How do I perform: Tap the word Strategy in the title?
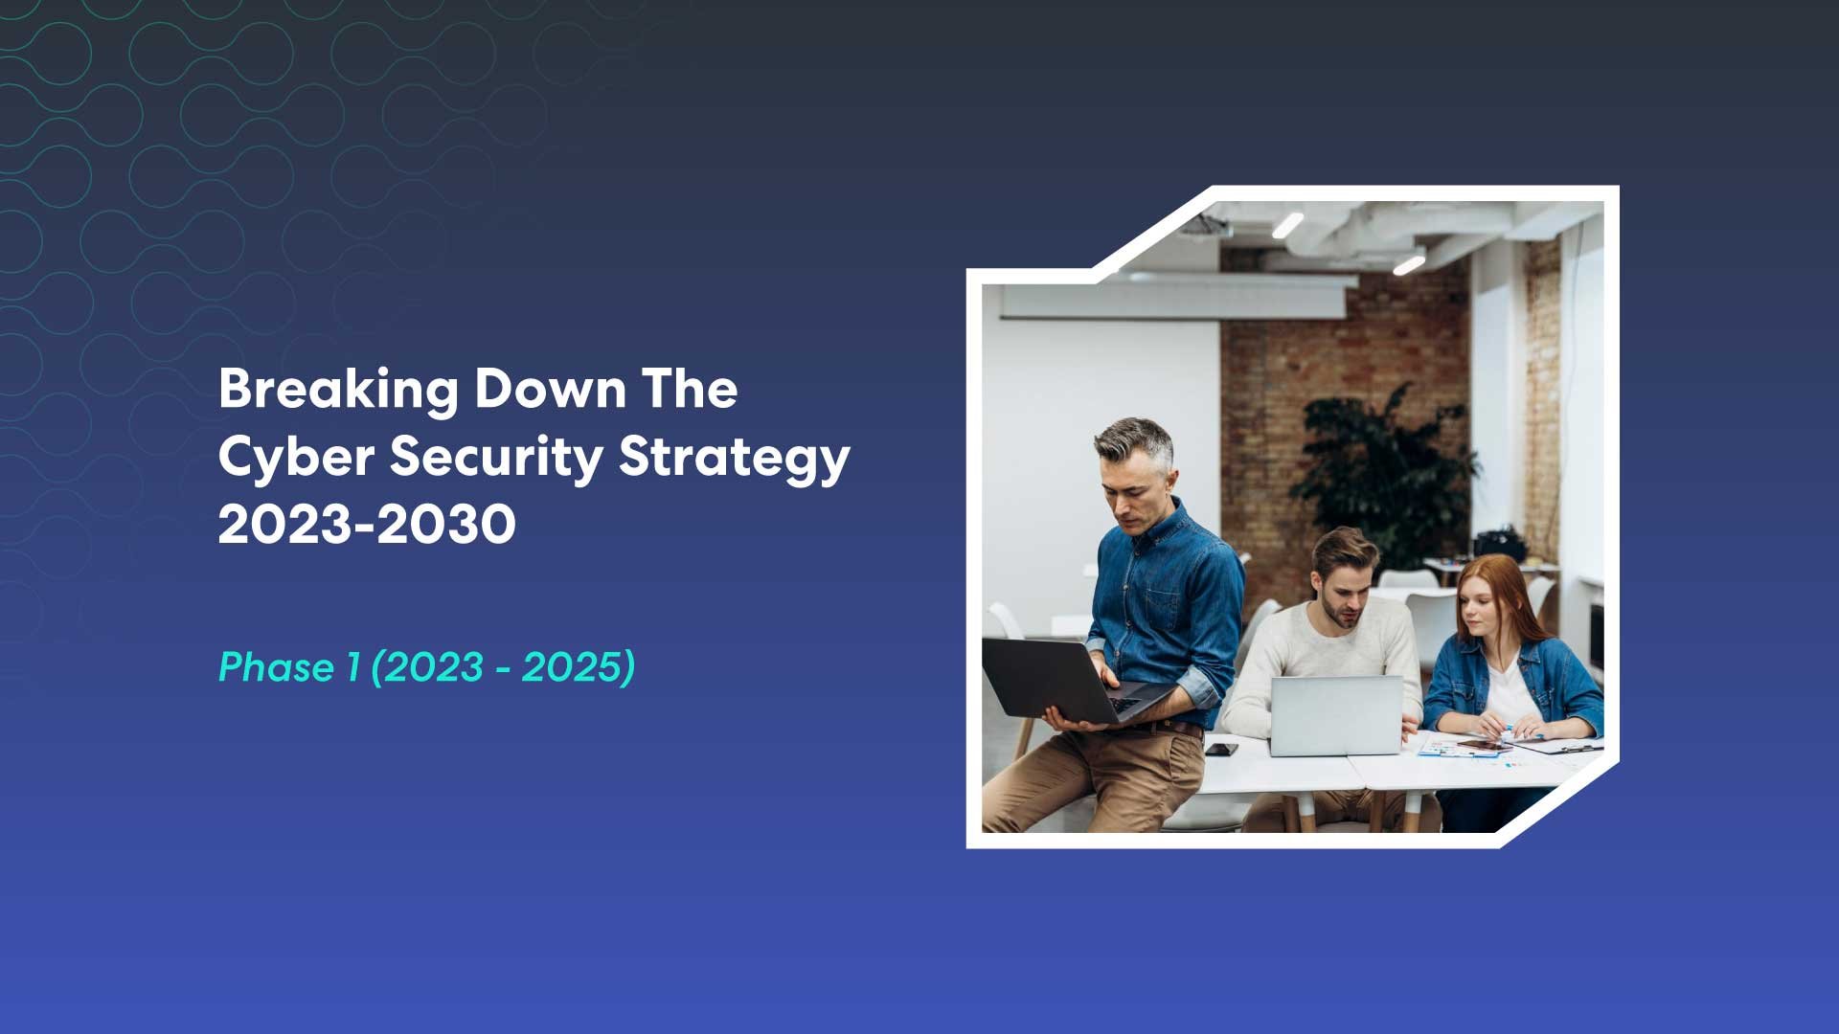click(x=734, y=457)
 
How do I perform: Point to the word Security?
click(x=495, y=457)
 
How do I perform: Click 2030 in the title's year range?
click(x=446, y=525)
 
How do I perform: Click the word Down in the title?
click(x=550, y=390)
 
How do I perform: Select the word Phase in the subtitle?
click(x=275, y=667)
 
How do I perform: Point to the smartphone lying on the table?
click(x=1221, y=749)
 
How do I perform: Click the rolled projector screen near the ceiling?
click(x=1173, y=302)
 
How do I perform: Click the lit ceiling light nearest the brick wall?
click(x=1408, y=264)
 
